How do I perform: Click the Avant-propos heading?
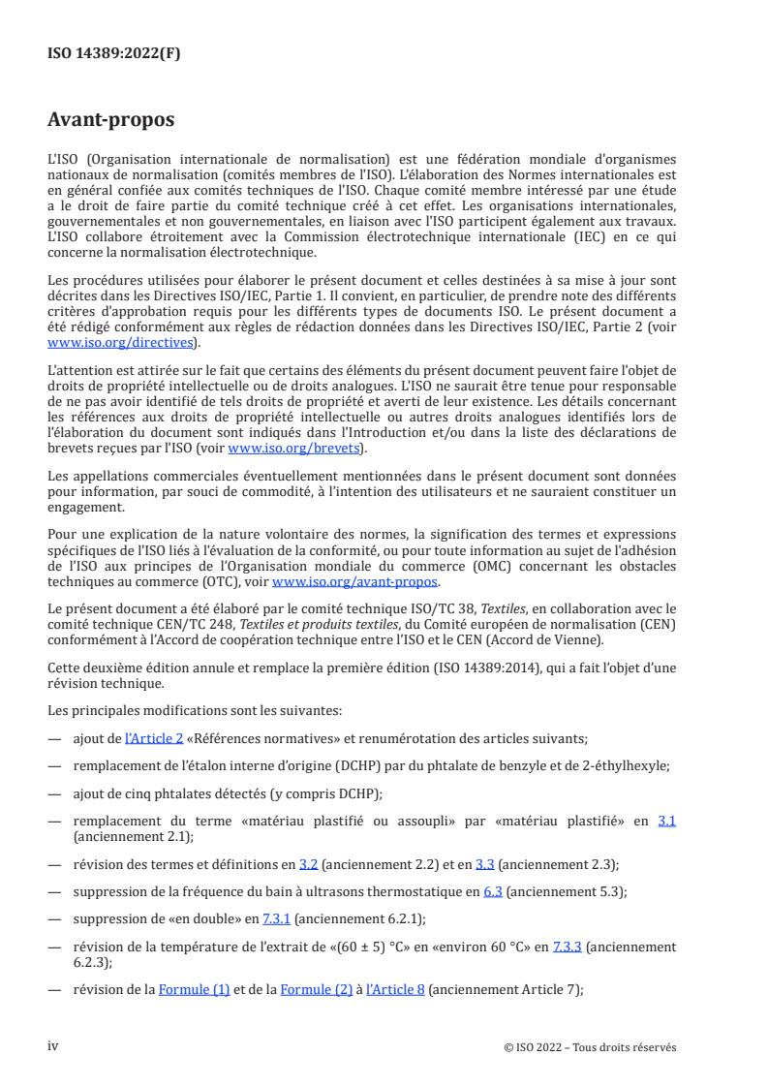coord(111,120)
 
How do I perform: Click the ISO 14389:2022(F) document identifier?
coord(114,54)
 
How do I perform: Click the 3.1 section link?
coord(666,821)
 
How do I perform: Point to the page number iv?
coord(53,1046)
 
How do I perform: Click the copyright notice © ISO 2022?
coord(590,1047)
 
